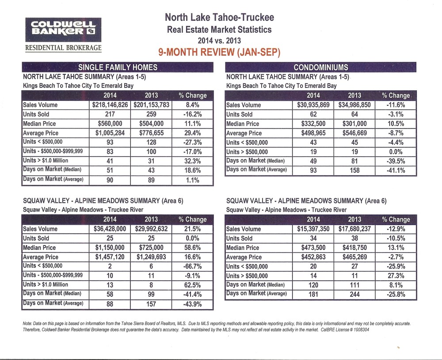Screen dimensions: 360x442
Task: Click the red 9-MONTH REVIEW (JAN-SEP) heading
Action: [x=219, y=52]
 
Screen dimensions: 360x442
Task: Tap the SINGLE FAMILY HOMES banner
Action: [x=118, y=67]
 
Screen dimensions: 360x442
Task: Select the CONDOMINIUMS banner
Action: [x=320, y=67]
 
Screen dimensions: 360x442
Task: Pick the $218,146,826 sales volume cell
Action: [x=110, y=105]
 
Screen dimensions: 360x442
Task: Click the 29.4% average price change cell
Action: [x=192, y=133]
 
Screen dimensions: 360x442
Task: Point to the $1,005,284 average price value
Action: [x=110, y=133]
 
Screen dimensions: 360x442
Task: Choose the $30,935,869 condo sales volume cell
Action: [x=313, y=105]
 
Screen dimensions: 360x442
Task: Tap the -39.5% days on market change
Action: [x=396, y=161]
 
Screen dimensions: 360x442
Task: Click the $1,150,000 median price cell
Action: [x=110, y=248]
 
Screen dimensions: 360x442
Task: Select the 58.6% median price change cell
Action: [x=192, y=248]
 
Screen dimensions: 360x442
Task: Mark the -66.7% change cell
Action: [x=192, y=266]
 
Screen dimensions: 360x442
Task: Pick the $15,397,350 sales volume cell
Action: [x=313, y=229]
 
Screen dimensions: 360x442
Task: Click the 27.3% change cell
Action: [x=396, y=276]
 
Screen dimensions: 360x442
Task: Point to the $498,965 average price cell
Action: [x=313, y=133]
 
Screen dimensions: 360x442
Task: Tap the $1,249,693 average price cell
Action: [x=151, y=257]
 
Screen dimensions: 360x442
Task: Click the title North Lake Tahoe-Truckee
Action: [x=219, y=18]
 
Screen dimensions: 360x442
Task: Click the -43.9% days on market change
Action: [x=192, y=304]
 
